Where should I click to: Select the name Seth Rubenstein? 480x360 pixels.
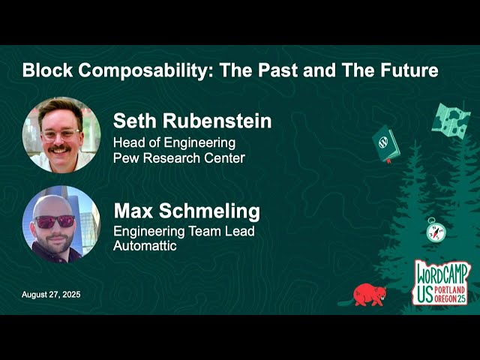click(x=192, y=121)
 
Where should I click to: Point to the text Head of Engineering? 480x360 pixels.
click(x=174, y=142)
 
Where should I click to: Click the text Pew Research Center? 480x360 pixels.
click(x=178, y=158)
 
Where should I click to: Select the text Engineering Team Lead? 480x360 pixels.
click(x=184, y=231)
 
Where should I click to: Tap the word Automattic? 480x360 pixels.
click(x=145, y=245)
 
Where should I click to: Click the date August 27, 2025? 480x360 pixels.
click(x=51, y=295)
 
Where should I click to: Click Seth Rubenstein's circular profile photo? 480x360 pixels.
click(x=61, y=135)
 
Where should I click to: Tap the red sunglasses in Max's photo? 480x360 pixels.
click(x=55, y=221)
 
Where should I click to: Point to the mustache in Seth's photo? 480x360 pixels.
click(x=59, y=148)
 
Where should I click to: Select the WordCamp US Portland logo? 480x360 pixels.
click(x=440, y=282)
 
